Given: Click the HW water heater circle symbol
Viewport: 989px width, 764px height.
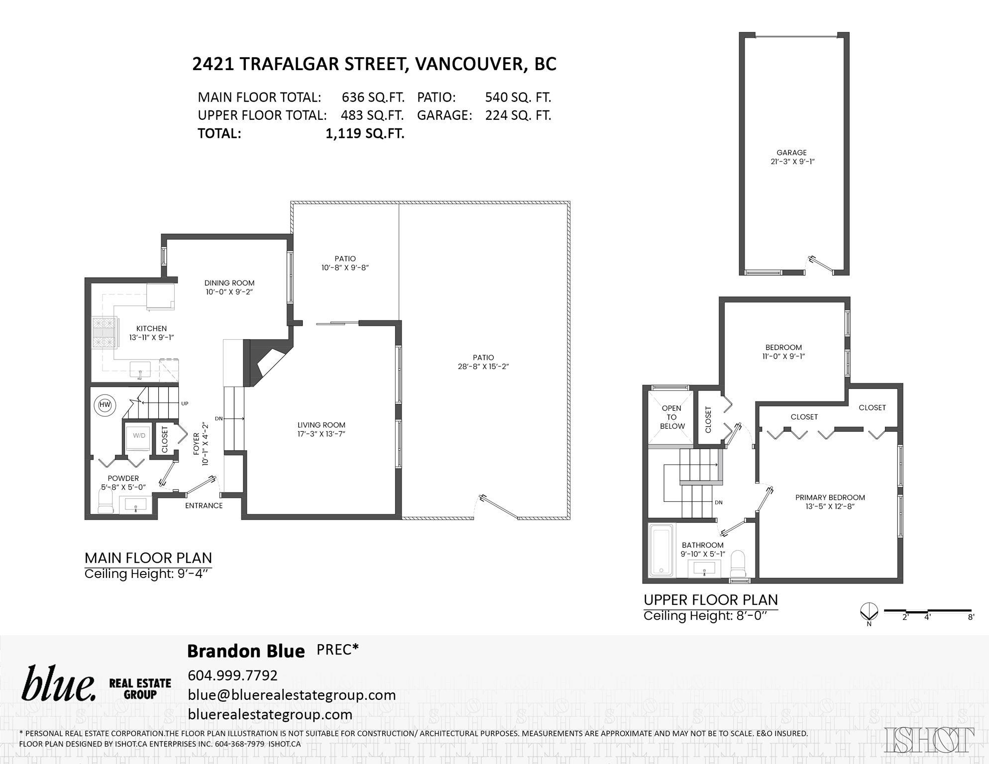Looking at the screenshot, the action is tap(105, 405).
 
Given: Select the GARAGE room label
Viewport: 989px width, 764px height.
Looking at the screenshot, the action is tap(791, 153).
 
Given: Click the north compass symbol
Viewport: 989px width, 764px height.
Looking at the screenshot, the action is tap(869, 611).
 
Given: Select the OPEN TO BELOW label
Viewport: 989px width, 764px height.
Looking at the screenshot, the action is tap(672, 417).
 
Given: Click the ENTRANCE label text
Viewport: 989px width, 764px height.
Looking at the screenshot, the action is tap(204, 506).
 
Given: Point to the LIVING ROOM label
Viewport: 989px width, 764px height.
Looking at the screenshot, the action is tap(321, 425).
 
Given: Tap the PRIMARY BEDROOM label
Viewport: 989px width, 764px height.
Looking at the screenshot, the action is tap(830, 497).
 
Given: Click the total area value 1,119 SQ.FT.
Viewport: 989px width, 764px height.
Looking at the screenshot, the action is tap(365, 133).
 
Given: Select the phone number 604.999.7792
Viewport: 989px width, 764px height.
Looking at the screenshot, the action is tap(232, 675).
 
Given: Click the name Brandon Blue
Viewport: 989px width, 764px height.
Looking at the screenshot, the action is tap(246, 651).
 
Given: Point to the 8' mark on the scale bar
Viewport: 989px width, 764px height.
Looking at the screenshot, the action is tap(971, 617).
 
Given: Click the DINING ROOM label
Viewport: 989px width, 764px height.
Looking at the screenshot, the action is tap(229, 283).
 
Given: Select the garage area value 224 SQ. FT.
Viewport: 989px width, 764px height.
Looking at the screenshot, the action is tap(518, 115).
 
